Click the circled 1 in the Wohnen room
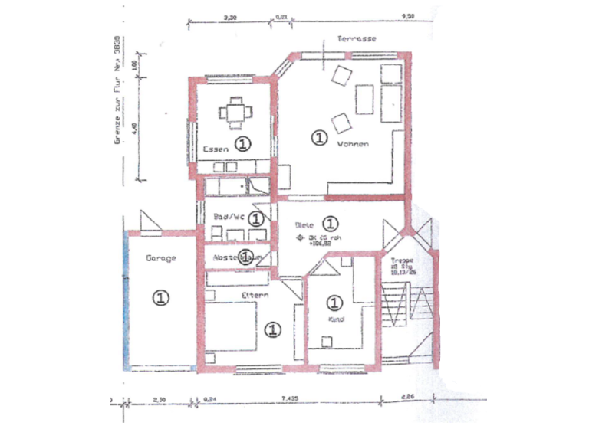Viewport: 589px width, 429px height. pyautogui.click(x=318, y=137)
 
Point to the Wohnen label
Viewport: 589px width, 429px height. pyautogui.click(x=352, y=144)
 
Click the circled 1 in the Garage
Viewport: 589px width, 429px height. pyautogui.click(x=160, y=298)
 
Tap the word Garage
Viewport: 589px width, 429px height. pyautogui.click(x=160, y=258)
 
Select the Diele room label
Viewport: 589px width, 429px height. pyautogui.click(x=304, y=225)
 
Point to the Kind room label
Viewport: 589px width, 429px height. pyautogui.click(x=334, y=319)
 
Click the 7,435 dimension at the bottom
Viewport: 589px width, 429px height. pyautogui.click(x=289, y=398)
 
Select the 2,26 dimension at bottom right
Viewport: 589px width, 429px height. pyautogui.click(x=407, y=398)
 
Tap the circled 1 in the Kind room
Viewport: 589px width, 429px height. pyautogui.click(x=334, y=302)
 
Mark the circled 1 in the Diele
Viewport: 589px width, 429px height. pyautogui.click(x=330, y=223)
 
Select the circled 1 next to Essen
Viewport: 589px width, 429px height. pyautogui.click(x=242, y=143)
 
